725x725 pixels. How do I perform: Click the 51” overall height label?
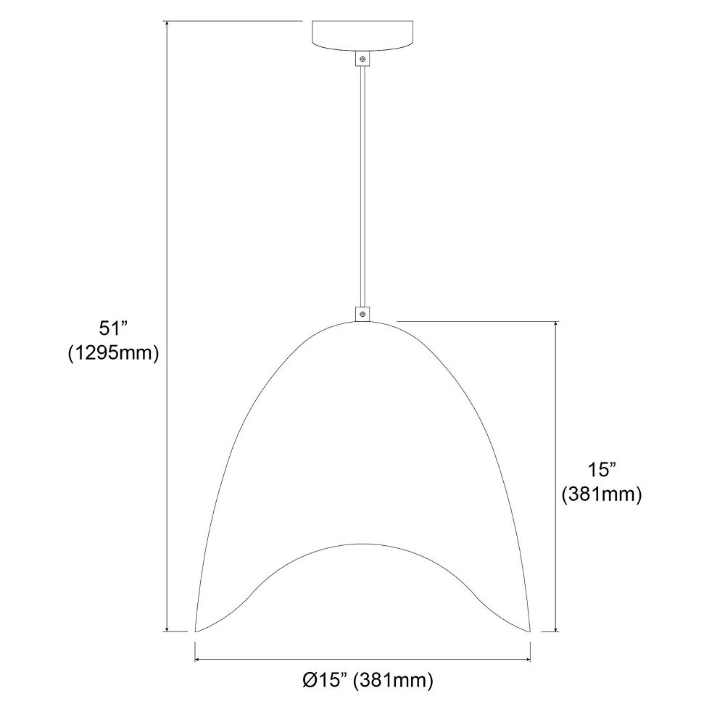click(113, 328)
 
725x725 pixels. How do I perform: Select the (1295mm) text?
click(114, 354)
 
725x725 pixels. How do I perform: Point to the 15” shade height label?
click(602, 470)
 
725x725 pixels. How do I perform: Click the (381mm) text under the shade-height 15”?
click(602, 494)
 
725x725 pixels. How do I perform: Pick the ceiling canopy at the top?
click(362, 36)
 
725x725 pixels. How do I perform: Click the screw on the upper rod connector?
click(362, 59)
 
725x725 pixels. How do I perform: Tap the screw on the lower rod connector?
click(362, 315)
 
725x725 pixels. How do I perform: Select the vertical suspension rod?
click(362, 186)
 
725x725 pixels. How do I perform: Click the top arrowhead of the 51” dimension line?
click(167, 24)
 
